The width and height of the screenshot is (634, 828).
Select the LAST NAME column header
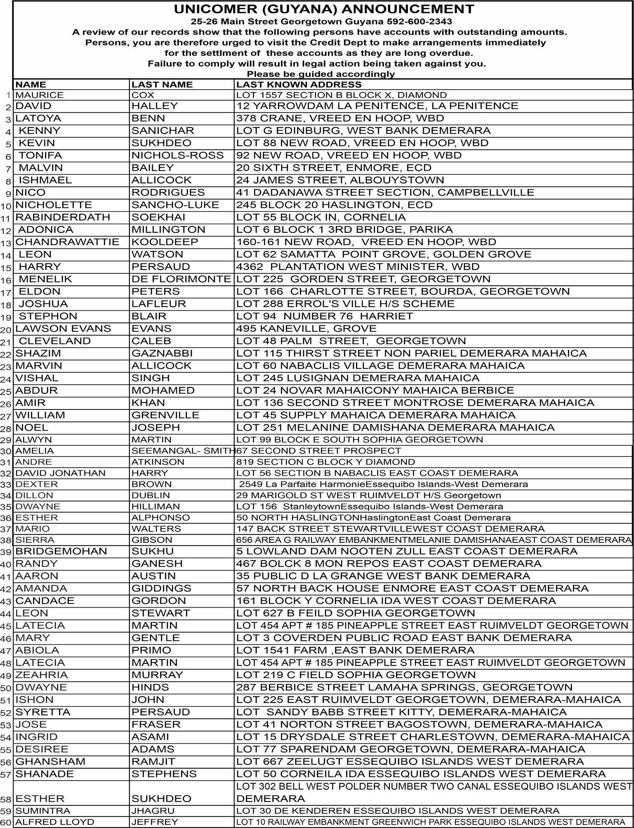162,85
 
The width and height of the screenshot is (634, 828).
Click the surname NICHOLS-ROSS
177,155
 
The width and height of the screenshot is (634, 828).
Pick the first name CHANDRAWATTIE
67,242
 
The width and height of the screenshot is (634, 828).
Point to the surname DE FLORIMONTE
181,279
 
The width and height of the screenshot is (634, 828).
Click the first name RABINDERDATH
63,217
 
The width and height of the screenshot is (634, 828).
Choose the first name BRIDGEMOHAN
61,551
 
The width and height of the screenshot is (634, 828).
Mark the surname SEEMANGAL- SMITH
183,451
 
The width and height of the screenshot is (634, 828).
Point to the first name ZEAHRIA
36,675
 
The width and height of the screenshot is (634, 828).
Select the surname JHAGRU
153,811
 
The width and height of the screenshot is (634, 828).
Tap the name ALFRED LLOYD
55,822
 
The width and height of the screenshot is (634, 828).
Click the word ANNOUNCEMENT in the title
407,9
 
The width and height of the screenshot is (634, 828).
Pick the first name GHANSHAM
45,762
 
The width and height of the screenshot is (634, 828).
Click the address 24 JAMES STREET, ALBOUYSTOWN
340,180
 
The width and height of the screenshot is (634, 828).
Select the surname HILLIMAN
156,506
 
